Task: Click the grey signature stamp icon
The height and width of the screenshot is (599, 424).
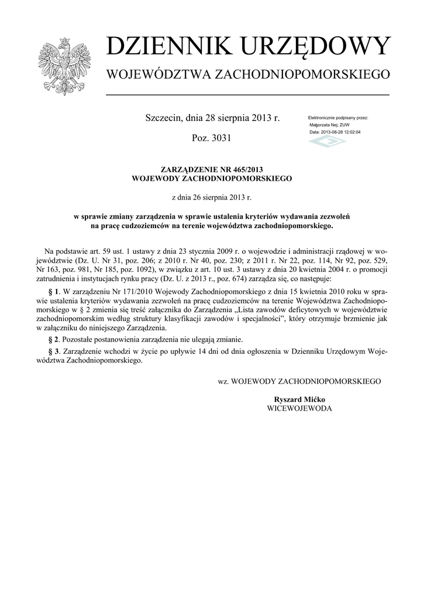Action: tap(328, 141)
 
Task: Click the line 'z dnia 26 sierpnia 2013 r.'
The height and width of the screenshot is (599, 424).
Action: tap(211, 198)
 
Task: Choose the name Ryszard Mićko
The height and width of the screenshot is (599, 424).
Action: tap(299, 400)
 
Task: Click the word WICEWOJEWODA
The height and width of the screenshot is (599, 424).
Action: tap(299, 408)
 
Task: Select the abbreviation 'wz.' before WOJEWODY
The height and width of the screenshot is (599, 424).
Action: tap(223, 381)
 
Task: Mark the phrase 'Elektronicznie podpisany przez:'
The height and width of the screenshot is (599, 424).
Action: tap(338, 118)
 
